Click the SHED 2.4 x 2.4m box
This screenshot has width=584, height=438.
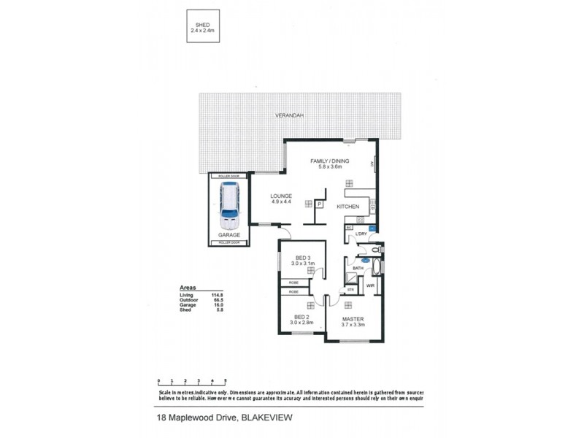coord(204,28)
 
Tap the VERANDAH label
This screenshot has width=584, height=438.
coord(289,116)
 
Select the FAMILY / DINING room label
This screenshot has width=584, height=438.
coord(329,163)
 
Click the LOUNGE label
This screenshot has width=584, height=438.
coord(281,199)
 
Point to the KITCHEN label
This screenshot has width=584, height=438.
coord(347,207)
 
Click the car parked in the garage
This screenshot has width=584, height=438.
coord(230,206)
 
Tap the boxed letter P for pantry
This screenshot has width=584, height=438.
coord(319,204)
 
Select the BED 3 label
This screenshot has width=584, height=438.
coord(304,259)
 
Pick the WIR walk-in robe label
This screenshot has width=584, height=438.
coord(370,285)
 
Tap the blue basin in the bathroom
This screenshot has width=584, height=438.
coord(365,260)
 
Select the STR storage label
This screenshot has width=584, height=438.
coord(350,290)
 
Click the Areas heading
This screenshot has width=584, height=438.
coord(189,288)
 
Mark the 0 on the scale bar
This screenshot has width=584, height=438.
coord(159,380)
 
